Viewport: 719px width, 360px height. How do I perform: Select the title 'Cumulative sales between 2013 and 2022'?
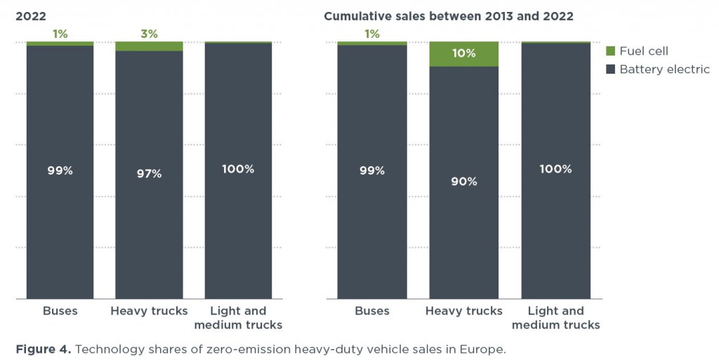coord(448,15)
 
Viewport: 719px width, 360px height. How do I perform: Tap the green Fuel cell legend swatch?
coord(609,51)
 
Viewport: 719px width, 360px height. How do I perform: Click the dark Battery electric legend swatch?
coord(609,69)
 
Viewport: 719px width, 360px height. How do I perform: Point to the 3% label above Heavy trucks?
coord(149,34)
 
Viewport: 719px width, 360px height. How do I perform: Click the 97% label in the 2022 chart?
coord(149,173)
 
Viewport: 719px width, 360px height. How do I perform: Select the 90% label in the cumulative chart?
coord(463,181)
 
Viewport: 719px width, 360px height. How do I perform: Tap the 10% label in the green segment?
coord(463,54)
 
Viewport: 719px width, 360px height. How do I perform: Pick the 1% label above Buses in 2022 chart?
coord(60,34)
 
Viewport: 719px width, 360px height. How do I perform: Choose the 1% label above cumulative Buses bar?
coord(371,34)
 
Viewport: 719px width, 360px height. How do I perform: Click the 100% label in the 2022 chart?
coord(238,169)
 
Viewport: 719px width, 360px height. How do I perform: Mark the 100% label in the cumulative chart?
coord(555,169)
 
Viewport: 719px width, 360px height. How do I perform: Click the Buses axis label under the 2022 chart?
coord(60,311)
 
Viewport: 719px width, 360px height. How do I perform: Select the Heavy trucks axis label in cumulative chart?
coord(463,311)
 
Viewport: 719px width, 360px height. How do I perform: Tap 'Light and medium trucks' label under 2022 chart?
coord(238,318)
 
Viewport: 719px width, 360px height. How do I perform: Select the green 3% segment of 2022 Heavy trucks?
coord(149,46)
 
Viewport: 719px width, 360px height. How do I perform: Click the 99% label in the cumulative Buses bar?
coord(371,171)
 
